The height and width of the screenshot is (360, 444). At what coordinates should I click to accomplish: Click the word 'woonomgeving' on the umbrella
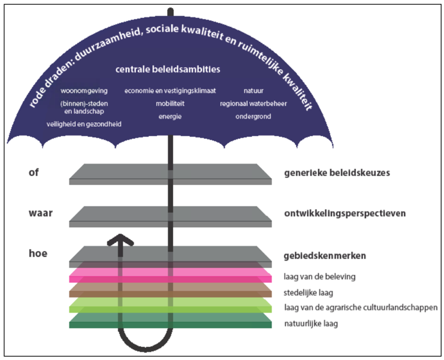84,91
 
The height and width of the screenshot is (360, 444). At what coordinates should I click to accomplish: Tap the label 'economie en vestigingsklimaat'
170,91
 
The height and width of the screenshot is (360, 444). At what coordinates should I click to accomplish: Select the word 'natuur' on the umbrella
253,91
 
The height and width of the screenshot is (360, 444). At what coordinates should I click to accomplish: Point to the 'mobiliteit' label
170,104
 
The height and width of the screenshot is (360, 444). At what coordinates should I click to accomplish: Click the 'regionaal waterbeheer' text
253,104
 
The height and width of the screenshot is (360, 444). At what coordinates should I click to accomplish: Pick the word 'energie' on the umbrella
170,117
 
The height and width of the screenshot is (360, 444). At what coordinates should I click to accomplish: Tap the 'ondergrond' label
253,117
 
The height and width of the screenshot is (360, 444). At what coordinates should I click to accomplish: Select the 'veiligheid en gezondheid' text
84,124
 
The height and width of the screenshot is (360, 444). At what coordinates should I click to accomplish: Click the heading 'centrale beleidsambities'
168,69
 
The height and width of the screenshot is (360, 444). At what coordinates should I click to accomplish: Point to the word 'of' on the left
34,173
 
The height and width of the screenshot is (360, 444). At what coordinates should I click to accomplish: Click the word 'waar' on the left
41,213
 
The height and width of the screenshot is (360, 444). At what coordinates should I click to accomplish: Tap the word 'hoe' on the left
38,253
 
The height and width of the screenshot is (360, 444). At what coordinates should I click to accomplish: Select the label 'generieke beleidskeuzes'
337,173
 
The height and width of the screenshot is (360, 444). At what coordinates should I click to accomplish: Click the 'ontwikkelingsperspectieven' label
345,213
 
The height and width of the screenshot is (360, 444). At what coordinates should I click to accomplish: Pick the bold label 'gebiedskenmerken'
325,256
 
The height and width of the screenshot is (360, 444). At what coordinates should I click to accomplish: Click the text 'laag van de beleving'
320,277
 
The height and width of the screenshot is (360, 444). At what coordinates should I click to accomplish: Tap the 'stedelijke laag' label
309,293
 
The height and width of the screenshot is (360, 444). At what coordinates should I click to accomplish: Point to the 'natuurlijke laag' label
311,323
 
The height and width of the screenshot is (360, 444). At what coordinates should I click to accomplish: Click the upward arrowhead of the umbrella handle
120,240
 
